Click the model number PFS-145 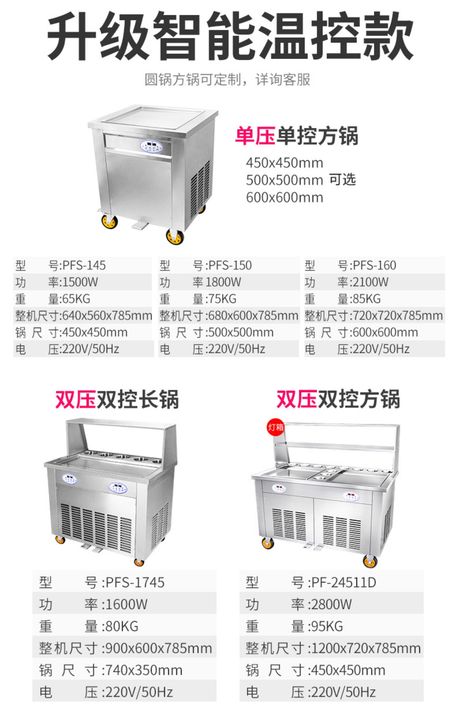click(x=84, y=265)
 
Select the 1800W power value click(x=223, y=282)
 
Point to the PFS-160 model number click(x=375, y=265)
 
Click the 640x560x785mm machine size click(x=107, y=316)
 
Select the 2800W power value click(x=331, y=604)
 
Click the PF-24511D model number click(x=344, y=583)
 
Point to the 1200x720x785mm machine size click(x=366, y=648)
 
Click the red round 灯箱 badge click(x=275, y=427)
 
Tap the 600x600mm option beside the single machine click(x=285, y=198)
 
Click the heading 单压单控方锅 click(x=296, y=136)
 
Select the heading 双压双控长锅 click(x=117, y=399)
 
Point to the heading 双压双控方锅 click(x=338, y=399)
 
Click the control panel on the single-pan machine click(x=151, y=147)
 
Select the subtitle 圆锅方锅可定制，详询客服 click(x=227, y=80)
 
